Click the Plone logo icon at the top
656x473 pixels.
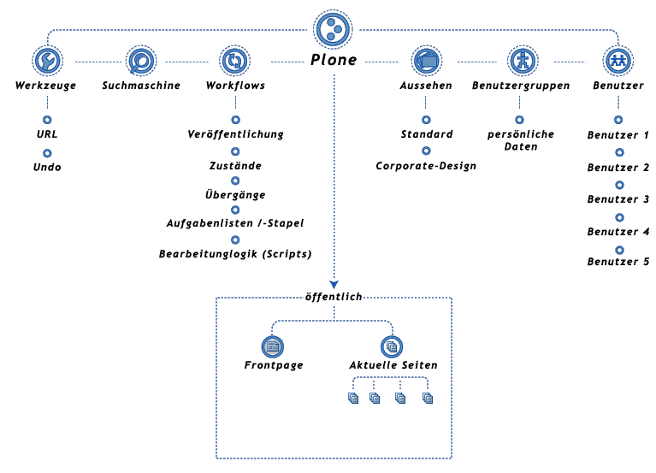tap(334, 30)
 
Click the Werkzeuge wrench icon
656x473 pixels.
tap(46, 61)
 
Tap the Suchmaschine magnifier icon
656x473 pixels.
tap(140, 61)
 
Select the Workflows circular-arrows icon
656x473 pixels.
tap(234, 61)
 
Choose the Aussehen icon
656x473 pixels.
tap(426, 61)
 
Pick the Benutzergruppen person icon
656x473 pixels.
tap(521, 61)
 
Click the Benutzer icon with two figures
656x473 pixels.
tap(618, 61)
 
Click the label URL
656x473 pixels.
tap(47, 135)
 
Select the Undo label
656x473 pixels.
tap(47, 167)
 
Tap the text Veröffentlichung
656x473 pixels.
tap(235, 134)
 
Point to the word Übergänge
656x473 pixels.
tap(235, 195)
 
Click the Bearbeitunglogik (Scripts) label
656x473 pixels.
tap(235, 254)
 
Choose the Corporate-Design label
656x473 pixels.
tap(426, 165)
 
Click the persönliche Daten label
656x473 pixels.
tap(521, 140)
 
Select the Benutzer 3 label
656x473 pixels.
tap(618, 199)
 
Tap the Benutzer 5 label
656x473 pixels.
tap(618, 262)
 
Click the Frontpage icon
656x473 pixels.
tap(274, 346)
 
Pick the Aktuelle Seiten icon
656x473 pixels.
tap(393, 346)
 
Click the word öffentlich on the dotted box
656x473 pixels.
tap(334, 297)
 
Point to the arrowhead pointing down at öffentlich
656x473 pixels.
tap(334, 284)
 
